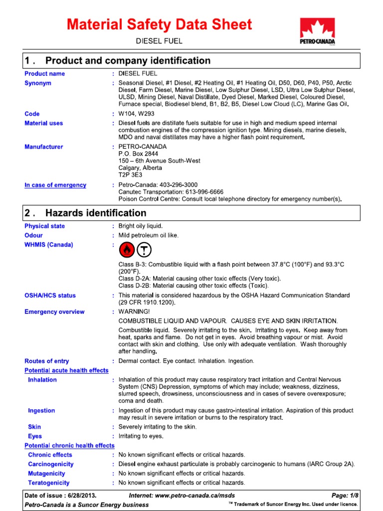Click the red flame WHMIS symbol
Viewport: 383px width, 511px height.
pyautogui.click(x=128, y=249)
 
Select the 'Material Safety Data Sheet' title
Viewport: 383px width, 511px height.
pyautogui.click(x=160, y=24)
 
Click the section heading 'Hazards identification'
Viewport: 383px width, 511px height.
pyautogui.click(x=96, y=213)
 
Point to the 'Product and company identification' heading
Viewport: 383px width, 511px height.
pyautogui.click(x=128, y=61)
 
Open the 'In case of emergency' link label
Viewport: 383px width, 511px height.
pyautogui.click(x=55, y=185)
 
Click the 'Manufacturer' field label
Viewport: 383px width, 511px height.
pyautogui.click(x=44, y=147)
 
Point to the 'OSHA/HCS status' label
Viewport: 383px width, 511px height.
pyautogui.click(x=50, y=296)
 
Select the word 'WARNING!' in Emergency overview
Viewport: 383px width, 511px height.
pyautogui.click(x=134, y=312)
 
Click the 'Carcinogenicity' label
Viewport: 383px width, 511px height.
pyautogui.click(x=51, y=464)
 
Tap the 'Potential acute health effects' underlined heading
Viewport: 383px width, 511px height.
pyautogui.click(x=66, y=370)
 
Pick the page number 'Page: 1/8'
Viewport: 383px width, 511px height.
pyautogui.click(x=345, y=495)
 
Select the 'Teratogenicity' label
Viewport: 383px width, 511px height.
pyautogui.click(x=49, y=483)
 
